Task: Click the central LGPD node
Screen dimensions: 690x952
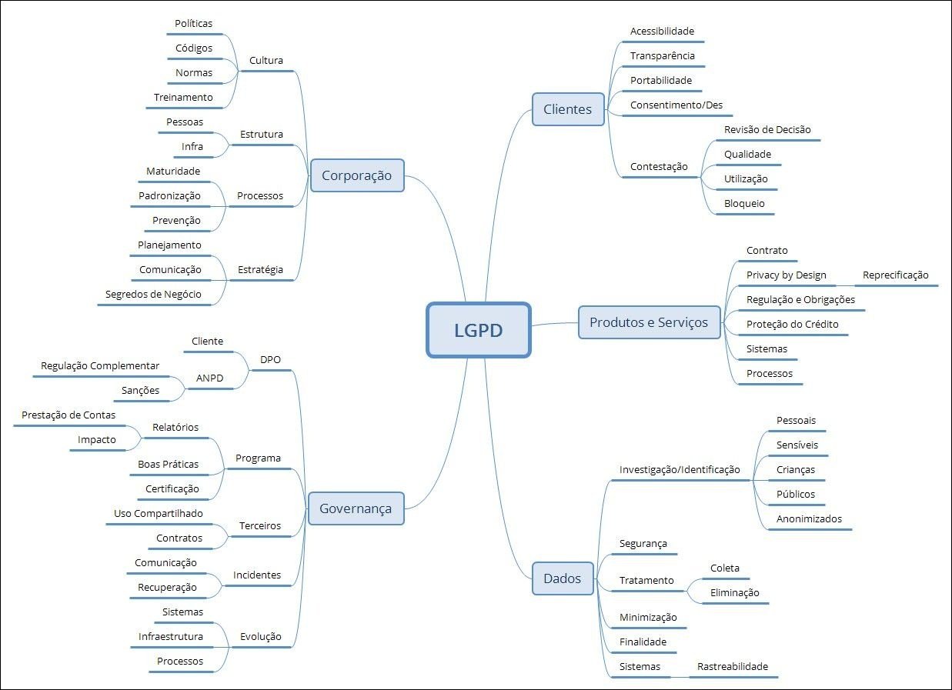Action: point(478,330)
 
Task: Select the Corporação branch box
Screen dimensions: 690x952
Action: point(356,175)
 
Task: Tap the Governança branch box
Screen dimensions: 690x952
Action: point(356,508)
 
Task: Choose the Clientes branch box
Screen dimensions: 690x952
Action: point(567,109)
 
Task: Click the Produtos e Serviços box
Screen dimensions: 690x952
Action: point(648,322)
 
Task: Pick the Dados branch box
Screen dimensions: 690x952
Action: point(562,578)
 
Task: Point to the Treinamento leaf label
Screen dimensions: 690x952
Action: point(183,98)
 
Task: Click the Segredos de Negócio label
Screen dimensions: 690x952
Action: point(153,295)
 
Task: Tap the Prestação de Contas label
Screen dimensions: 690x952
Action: point(68,415)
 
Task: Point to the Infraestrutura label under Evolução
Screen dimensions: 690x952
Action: point(171,636)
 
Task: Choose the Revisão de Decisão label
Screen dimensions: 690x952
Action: point(767,129)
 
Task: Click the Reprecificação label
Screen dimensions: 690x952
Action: point(895,275)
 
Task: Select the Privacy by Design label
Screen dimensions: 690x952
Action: point(786,275)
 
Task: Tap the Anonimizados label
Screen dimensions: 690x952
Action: point(809,518)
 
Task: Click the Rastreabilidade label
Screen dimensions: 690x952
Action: point(732,666)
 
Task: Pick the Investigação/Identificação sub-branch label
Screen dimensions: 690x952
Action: point(680,469)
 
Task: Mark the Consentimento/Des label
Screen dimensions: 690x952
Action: point(676,105)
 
